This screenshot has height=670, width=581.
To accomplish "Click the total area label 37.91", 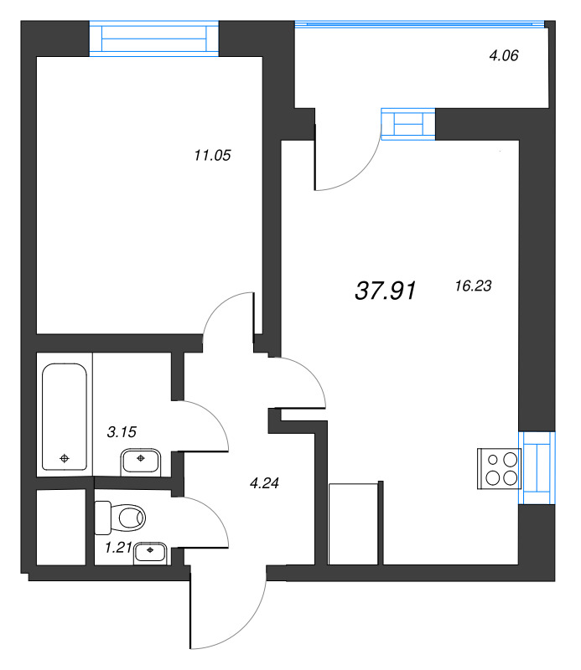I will [x=386, y=291].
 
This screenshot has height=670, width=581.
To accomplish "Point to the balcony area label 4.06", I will [x=504, y=57].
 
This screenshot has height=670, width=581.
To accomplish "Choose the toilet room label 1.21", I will [x=118, y=549].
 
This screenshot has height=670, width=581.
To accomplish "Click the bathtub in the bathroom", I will [x=65, y=416].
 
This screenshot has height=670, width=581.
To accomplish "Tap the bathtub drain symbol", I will [x=65, y=458].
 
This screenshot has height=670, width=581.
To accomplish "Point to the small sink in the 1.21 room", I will [x=151, y=552].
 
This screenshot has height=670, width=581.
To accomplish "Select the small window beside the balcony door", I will [x=408, y=123].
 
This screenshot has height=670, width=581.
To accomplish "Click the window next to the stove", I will [x=537, y=467].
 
